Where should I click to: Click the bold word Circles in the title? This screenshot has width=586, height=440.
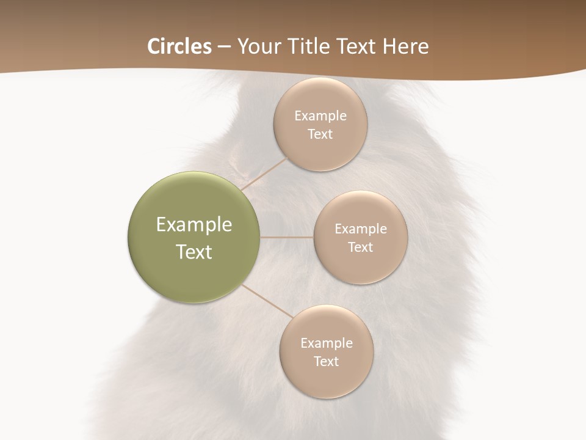tap(179, 46)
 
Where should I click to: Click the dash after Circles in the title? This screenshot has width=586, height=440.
tap(224, 47)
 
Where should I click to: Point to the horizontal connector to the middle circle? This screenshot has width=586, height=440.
tap(287, 237)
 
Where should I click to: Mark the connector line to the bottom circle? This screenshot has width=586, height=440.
tap(266, 301)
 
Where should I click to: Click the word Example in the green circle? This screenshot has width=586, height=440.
tap(194, 225)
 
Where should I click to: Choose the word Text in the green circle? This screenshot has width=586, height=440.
tap(194, 252)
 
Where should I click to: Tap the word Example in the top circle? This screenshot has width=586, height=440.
tap(320, 116)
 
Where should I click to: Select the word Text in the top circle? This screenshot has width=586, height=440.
tap(320, 134)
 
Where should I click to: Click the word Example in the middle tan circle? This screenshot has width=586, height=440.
tap(361, 229)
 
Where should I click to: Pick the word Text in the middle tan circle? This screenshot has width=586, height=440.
tap(360, 247)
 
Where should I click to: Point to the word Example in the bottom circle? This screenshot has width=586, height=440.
tap(327, 343)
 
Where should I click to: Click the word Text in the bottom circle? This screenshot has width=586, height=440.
tap(326, 361)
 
